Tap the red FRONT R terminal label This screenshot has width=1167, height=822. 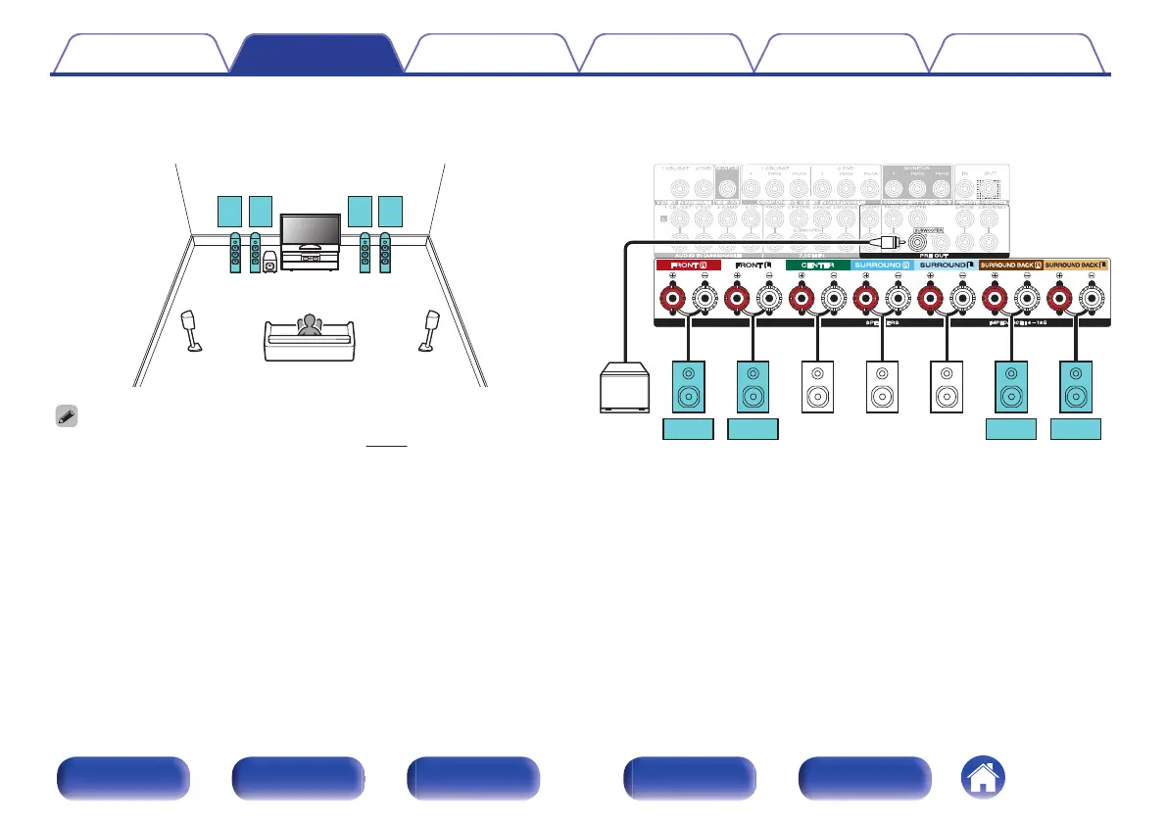pyautogui.click(x=690, y=265)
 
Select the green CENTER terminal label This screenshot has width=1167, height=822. pyautogui.click(x=816, y=265)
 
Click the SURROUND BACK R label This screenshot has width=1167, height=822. pyautogui.click(x=1011, y=265)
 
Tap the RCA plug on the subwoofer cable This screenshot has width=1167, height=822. pyautogui.click(x=889, y=238)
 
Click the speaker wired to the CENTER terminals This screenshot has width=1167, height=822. pyautogui.click(x=816, y=386)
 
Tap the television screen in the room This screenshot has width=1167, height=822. pyautogui.click(x=311, y=230)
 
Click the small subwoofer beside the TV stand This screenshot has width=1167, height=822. pyautogui.click(x=269, y=263)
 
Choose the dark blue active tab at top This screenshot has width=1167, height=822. pyautogui.click(x=316, y=55)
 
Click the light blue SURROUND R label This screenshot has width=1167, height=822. pyautogui.click(x=882, y=265)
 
